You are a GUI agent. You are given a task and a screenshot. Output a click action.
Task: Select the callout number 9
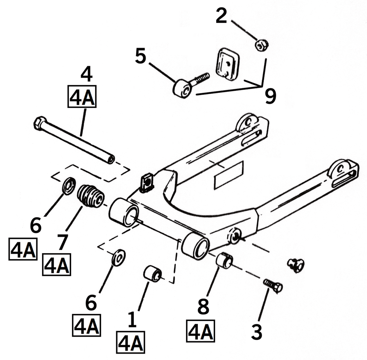click(x=270, y=96)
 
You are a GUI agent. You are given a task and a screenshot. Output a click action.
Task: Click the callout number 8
click(x=203, y=307)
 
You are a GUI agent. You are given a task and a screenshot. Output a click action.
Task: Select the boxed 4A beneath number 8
click(x=201, y=331)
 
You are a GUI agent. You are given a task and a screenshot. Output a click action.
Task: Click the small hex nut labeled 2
click(x=262, y=45)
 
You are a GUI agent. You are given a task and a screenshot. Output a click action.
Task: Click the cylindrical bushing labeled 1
click(x=152, y=273)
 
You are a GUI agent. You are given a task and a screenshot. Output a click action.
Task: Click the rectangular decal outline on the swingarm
click(x=229, y=175)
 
